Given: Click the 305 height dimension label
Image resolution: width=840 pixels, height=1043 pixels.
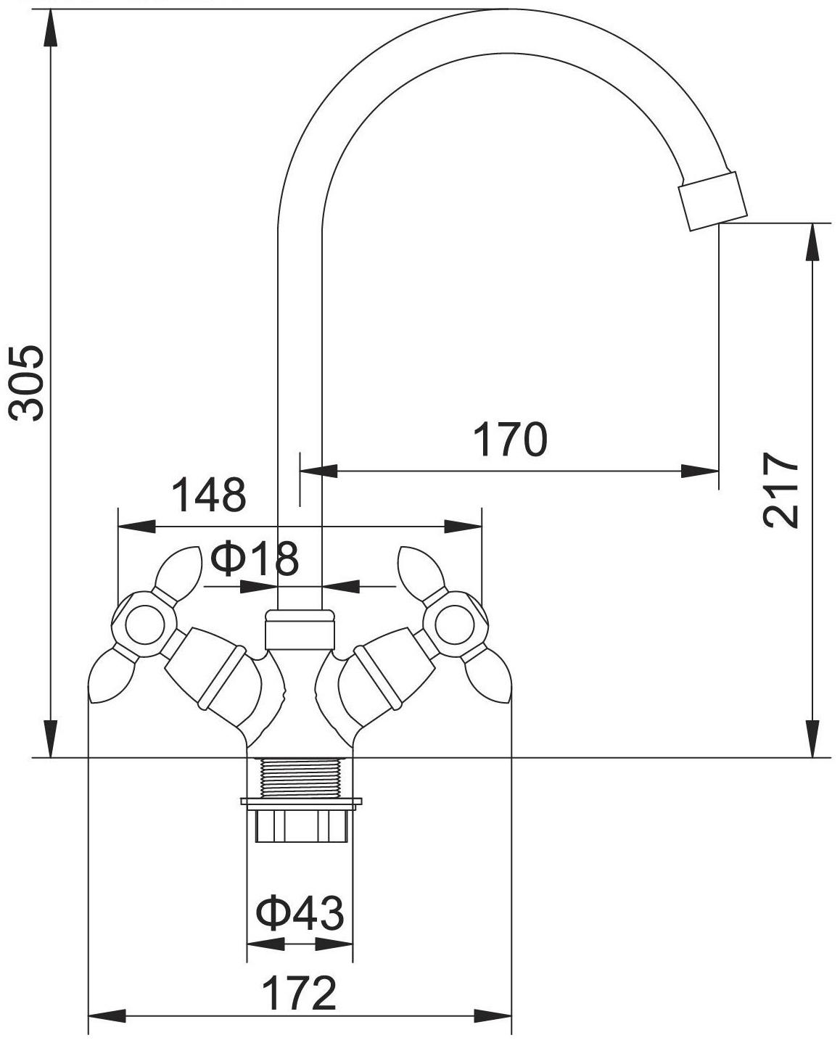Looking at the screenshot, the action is (27, 383).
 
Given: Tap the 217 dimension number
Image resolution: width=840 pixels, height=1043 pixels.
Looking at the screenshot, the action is (780, 490).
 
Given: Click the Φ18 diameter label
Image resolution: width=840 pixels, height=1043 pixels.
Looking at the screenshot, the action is (255, 558).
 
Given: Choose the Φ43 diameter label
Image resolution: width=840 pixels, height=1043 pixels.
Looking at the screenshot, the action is (300, 912).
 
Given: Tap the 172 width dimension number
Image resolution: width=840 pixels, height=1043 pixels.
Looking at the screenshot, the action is (299, 993).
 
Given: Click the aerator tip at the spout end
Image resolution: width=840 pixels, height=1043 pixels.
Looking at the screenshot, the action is (712, 201).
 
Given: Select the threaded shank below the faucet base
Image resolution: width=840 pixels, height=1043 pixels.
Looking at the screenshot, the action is (300, 778).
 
